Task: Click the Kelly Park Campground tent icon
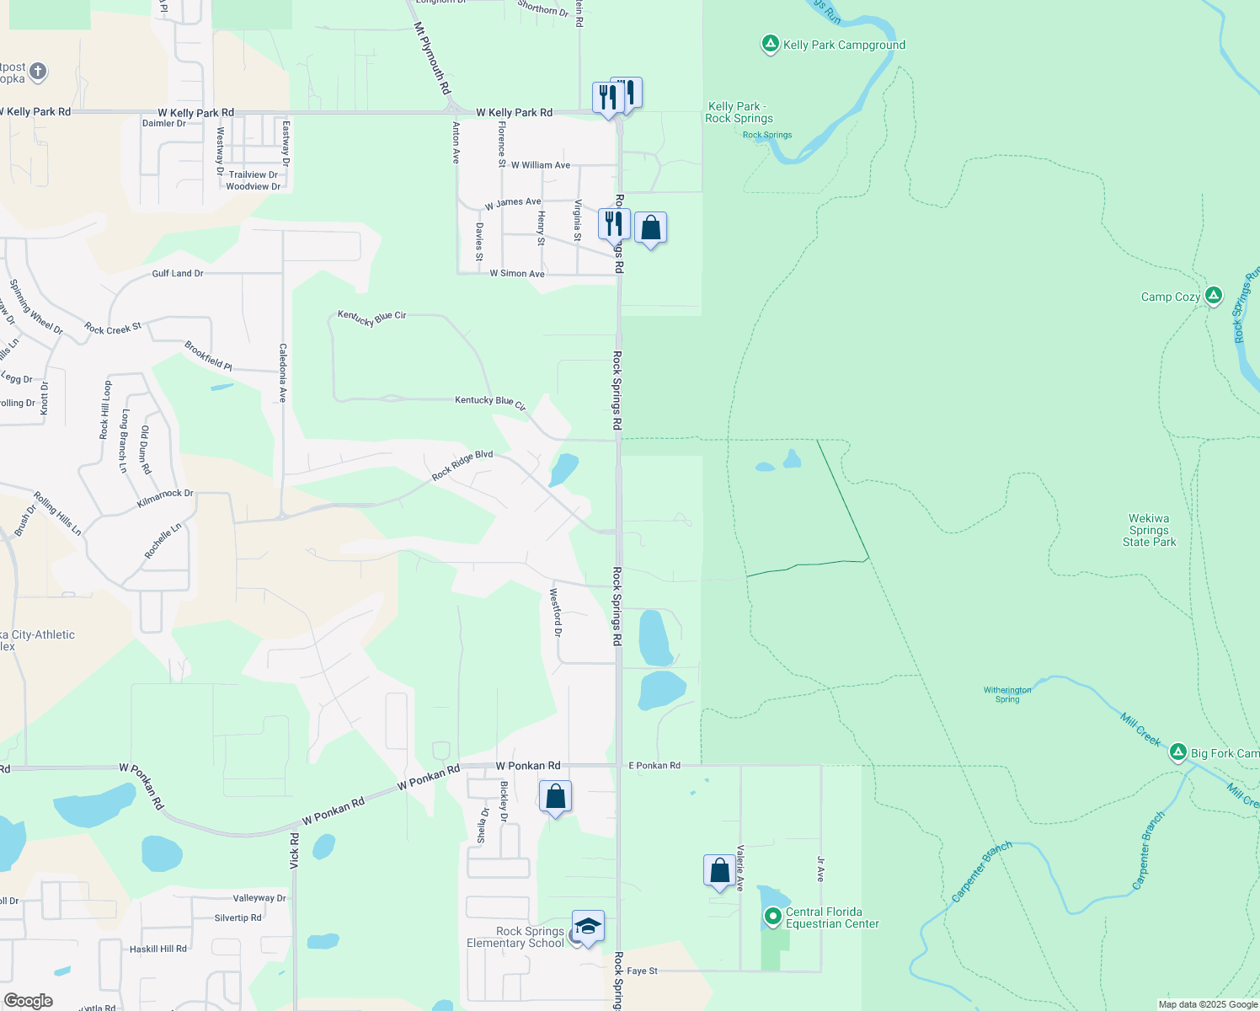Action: (770, 45)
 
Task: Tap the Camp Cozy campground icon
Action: (1213, 296)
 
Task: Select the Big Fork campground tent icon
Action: (1178, 753)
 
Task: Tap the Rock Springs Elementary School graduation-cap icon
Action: (587, 927)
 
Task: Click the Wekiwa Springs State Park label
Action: (1149, 531)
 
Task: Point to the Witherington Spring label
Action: (1007, 694)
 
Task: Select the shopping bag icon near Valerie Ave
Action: (719, 870)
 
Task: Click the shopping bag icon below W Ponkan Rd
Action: (556, 796)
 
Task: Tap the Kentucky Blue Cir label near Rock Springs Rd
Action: (490, 403)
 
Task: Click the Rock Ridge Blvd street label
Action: (462, 466)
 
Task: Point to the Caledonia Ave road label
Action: (283, 372)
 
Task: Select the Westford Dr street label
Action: (556, 612)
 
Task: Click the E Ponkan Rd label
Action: (654, 766)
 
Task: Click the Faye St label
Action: (642, 971)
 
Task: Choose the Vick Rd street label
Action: (295, 851)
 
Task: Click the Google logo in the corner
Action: (29, 1000)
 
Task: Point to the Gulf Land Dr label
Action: (178, 274)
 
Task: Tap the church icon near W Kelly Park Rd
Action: (38, 72)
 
